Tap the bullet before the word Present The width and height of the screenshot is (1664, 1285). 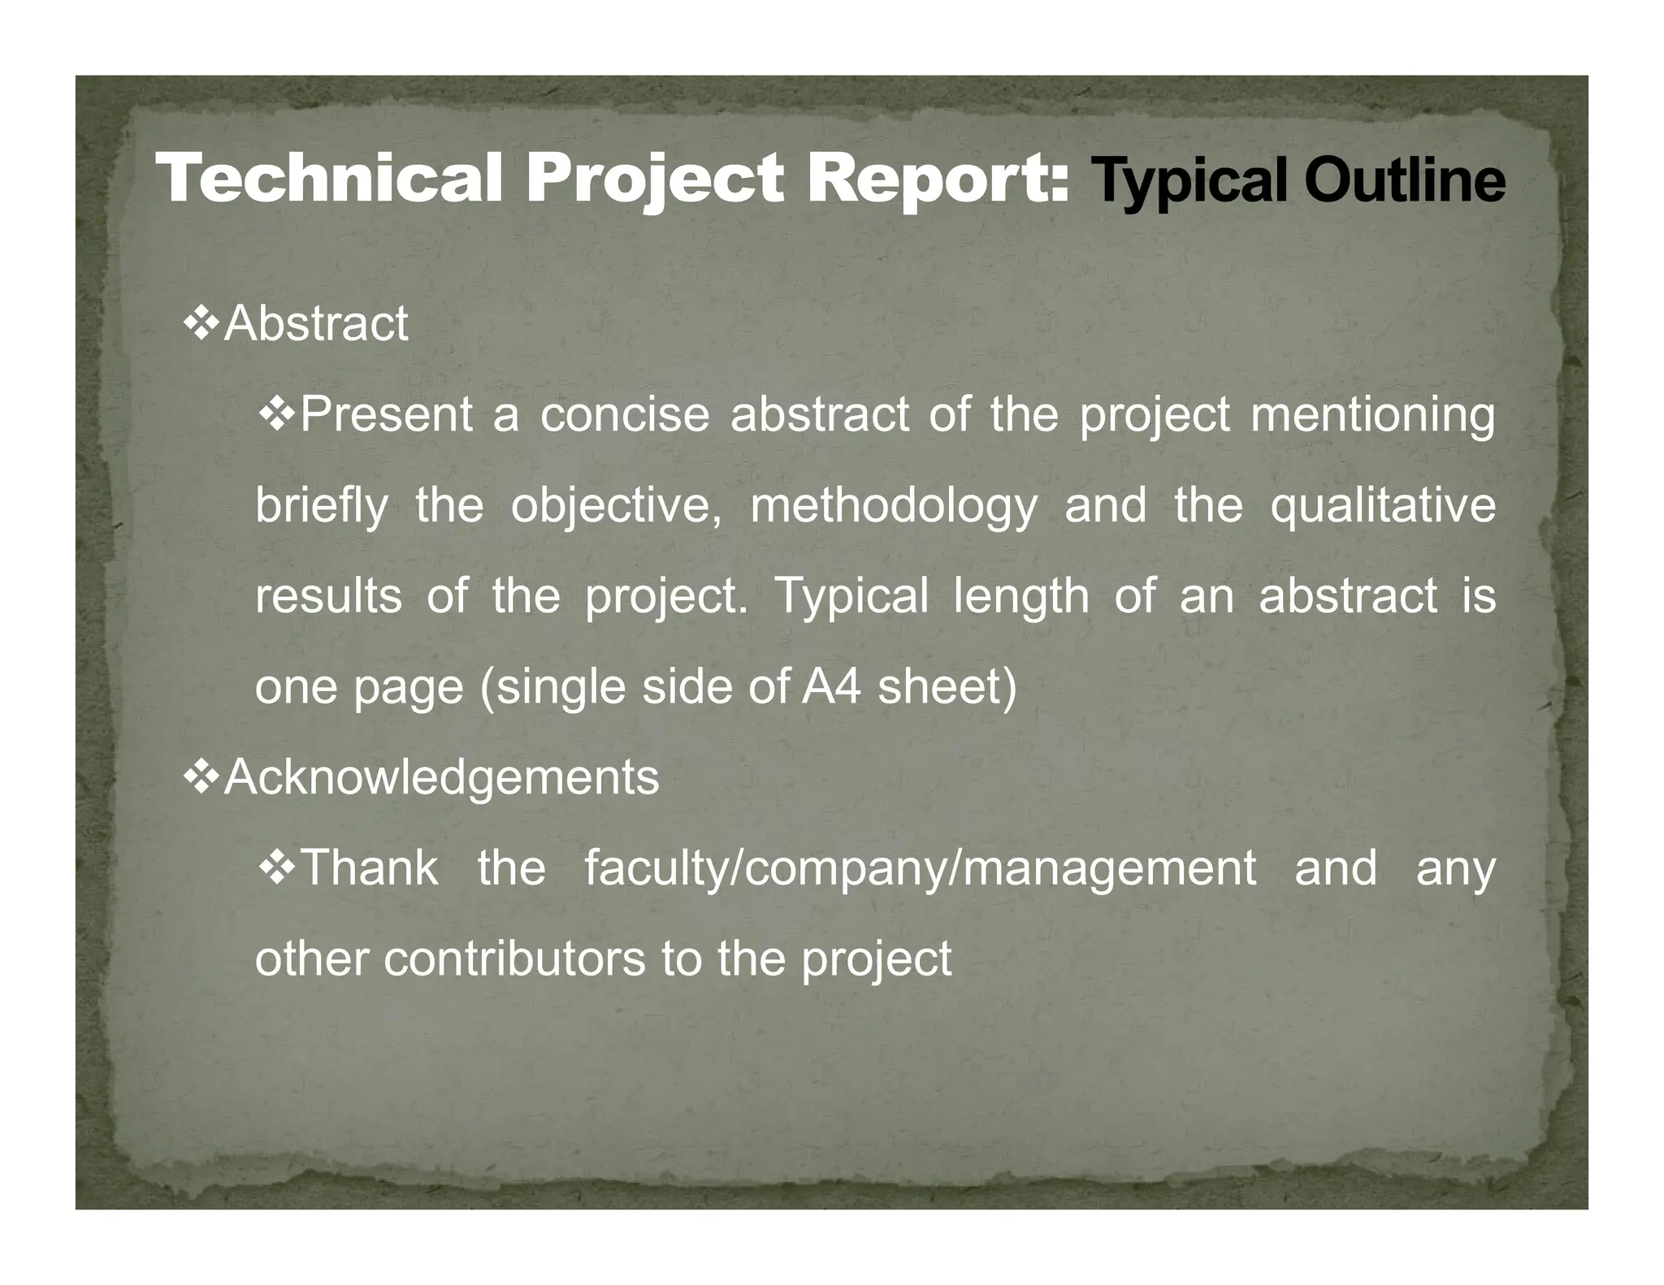(x=276, y=413)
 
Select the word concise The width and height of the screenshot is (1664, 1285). (x=625, y=414)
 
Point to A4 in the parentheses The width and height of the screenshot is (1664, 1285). (x=830, y=686)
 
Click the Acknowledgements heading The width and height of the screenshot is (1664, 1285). (x=441, y=777)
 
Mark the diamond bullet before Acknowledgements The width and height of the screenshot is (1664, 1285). (x=201, y=777)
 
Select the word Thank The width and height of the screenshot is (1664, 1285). (x=370, y=867)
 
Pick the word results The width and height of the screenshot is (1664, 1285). (x=328, y=596)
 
